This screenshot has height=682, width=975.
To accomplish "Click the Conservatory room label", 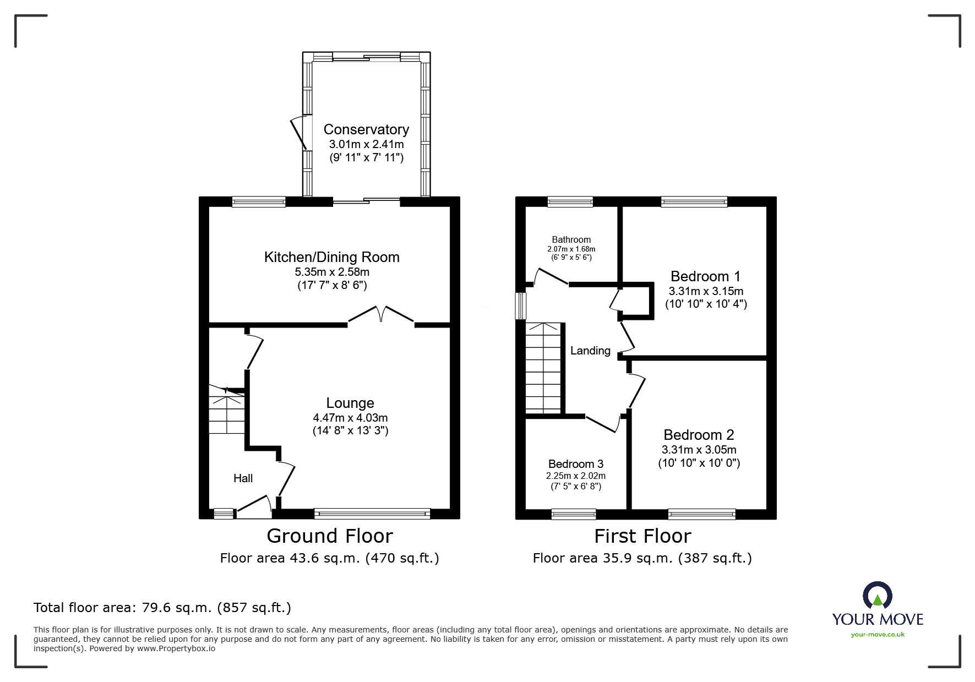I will (366, 129).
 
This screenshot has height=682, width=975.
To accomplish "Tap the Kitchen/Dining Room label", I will (331, 257).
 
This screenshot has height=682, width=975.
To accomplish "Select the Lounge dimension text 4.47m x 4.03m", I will (350, 418).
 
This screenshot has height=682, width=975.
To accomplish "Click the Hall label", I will (243, 478).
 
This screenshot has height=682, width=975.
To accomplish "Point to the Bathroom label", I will (571, 239).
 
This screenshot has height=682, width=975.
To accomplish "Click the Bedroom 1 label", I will (705, 276).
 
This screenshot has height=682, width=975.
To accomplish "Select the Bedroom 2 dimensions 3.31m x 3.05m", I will (699, 450).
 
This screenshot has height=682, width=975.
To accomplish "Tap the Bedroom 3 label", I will (575, 464).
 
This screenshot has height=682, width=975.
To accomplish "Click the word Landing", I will (590, 351).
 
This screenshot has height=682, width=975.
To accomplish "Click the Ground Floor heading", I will (329, 536).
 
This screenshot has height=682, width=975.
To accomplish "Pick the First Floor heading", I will (642, 536).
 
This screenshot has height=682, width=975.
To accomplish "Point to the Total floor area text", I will (162, 608).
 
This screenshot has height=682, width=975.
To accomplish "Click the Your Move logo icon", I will (877, 596).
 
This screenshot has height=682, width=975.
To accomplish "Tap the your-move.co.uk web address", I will (878, 635).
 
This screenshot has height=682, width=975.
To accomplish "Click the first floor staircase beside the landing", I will (543, 368).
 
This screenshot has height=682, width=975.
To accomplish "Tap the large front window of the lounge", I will (372, 514).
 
